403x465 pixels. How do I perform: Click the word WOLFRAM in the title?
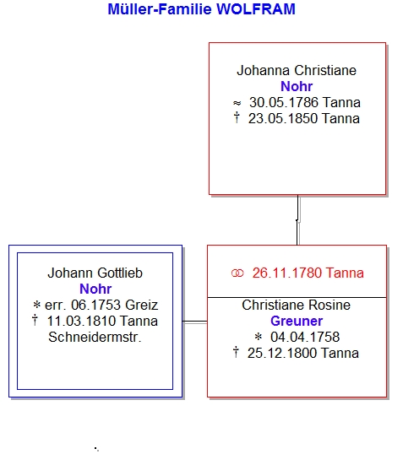tap(256, 9)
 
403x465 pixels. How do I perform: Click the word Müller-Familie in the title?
tap(160, 9)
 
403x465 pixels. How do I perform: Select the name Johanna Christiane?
tap(297, 71)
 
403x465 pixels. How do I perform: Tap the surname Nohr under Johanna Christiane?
tap(297, 86)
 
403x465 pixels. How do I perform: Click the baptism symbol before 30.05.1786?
tap(237, 103)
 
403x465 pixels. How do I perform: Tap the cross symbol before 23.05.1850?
tap(237, 117)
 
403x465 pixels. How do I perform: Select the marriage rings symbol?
tap(237, 273)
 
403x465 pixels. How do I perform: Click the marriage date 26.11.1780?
tap(287, 273)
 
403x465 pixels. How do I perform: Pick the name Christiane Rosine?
tap(296, 305)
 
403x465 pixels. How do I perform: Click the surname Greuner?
tap(297, 321)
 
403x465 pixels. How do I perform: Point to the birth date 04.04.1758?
tap(305, 337)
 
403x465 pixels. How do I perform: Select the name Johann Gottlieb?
tap(95, 273)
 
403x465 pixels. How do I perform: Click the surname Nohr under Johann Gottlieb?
tap(95, 289)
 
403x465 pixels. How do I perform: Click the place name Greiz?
tap(141, 305)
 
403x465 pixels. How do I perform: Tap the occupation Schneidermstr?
tap(95, 338)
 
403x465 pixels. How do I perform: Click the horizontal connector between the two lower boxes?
tap(195, 322)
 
